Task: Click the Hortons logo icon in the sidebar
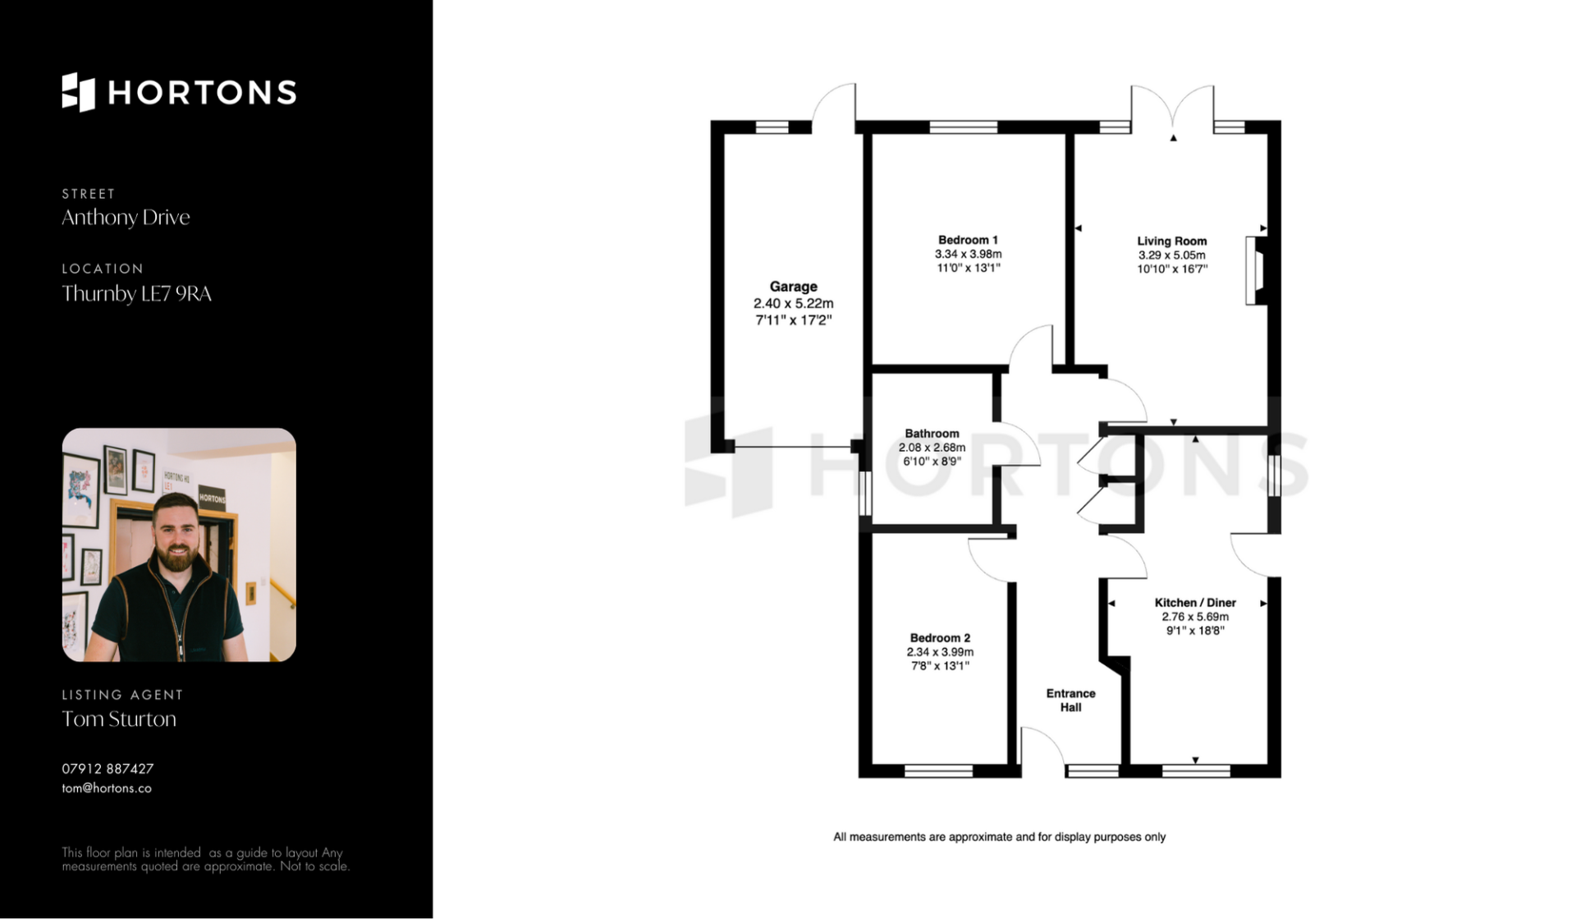79,92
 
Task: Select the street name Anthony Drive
126,218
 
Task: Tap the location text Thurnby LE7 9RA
136,293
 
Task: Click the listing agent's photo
179,545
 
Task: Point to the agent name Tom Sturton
119,719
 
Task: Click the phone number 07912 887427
108,769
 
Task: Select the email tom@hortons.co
107,788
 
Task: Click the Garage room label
793,287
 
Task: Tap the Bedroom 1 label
969,240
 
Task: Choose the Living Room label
1172,241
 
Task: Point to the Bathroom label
932,433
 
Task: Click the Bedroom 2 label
940,637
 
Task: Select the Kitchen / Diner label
1195,602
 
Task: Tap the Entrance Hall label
1070,700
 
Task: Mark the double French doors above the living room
1172,107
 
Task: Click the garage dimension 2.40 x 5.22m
793,304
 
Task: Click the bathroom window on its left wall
864,493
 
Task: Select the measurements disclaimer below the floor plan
999,837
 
